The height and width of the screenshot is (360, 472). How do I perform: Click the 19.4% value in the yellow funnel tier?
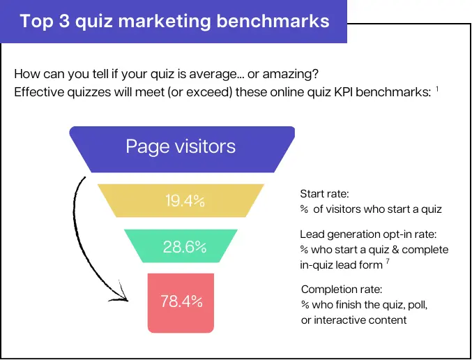coord(185,202)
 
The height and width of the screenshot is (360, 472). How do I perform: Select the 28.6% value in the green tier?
coord(185,247)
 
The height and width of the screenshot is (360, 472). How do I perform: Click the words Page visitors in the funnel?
coord(181,147)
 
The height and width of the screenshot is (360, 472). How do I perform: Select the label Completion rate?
coord(342,289)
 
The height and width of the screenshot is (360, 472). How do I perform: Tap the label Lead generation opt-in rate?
coord(368,234)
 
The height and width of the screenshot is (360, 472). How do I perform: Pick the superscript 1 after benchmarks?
coord(437,89)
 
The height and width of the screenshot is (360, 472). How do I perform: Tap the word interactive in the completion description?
coord(344,320)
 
